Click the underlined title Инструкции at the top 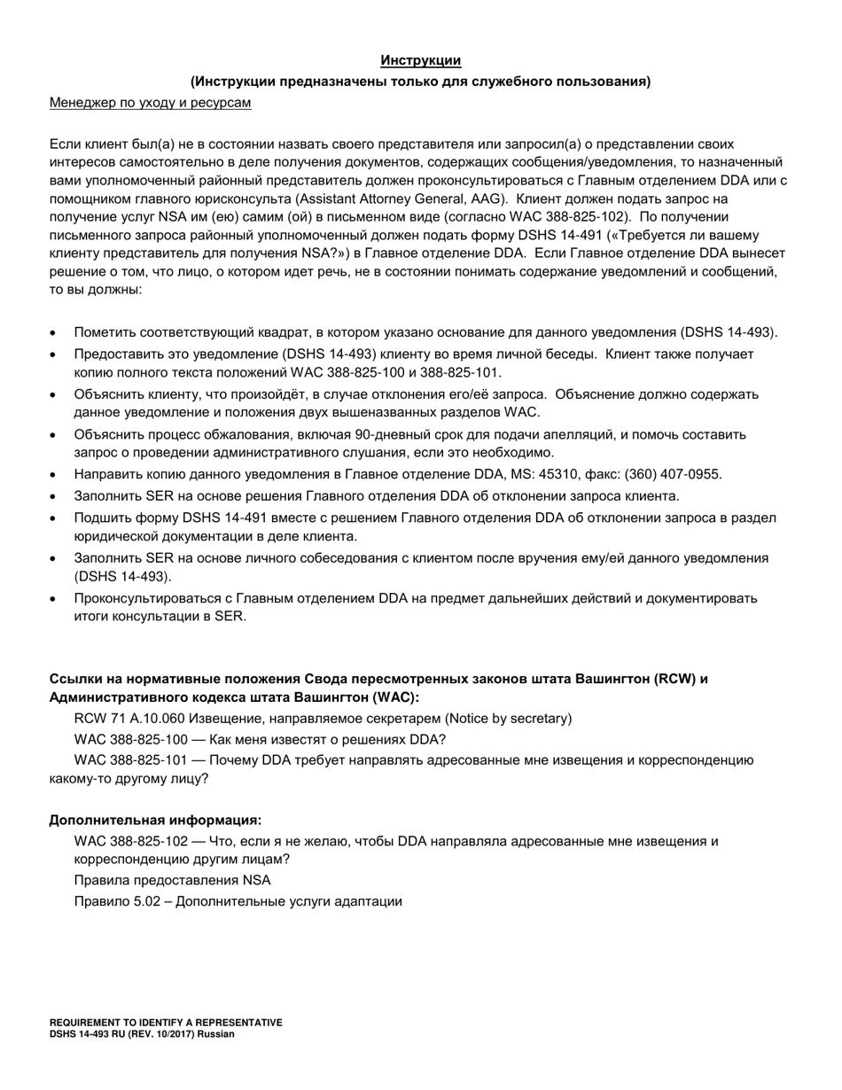(x=420, y=60)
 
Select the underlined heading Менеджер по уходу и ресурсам (x=150, y=103)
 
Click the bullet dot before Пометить (x=55, y=333)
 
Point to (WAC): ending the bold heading (x=395, y=697)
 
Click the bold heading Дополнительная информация (x=155, y=820)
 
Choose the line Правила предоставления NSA (x=173, y=880)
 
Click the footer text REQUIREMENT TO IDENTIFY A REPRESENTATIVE (x=166, y=1022)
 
